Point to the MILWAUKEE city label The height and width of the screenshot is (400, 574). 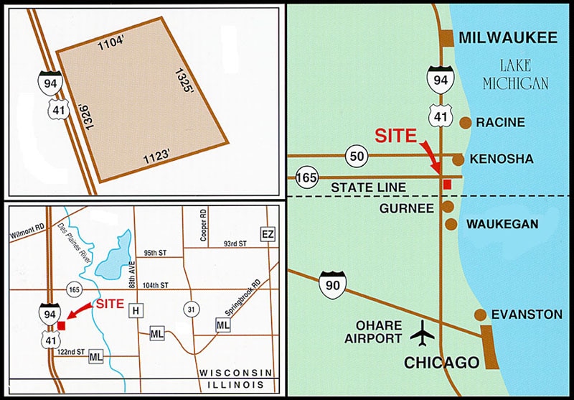click(x=507, y=38)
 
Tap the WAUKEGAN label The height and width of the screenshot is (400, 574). click(x=502, y=224)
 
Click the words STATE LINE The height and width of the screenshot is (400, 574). click(x=368, y=187)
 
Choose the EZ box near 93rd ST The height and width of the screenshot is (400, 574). click(x=268, y=235)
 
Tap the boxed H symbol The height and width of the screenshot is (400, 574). click(x=134, y=310)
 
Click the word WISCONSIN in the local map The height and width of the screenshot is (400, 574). click(x=237, y=373)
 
